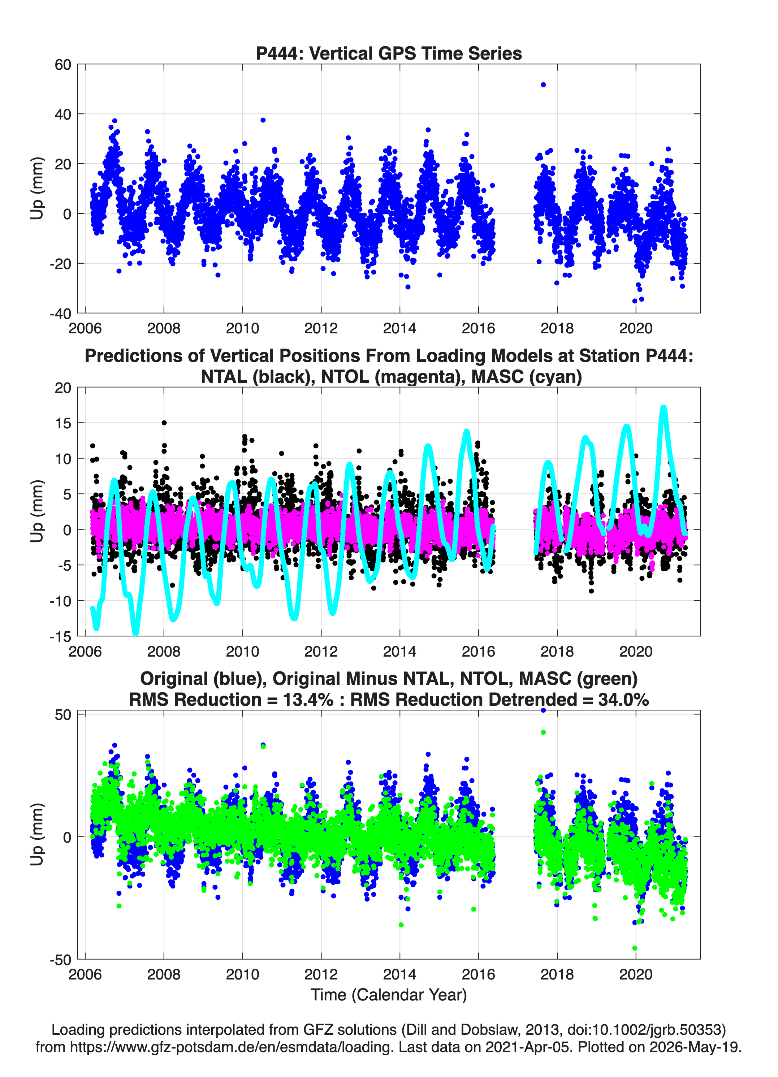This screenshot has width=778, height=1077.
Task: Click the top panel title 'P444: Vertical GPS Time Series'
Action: click(x=389, y=53)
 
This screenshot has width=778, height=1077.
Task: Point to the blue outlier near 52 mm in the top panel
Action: click(x=543, y=85)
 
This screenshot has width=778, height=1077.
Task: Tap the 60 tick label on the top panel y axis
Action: click(x=63, y=65)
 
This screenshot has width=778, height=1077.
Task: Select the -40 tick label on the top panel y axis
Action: click(x=60, y=313)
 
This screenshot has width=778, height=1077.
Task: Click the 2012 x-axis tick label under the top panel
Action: click(x=321, y=328)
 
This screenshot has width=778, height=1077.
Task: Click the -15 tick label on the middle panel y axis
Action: click(x=60, y=636)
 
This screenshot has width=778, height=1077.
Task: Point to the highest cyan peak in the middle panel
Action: click(x=664, y=407)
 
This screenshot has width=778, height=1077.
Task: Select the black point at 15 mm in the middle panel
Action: click(x=164, y=423)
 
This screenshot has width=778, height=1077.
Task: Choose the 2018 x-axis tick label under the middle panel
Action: click(x=557, y=651)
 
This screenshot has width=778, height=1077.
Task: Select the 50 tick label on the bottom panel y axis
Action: click(x=63, y=715)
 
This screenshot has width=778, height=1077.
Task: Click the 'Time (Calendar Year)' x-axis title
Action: click(x=389, y=995)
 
